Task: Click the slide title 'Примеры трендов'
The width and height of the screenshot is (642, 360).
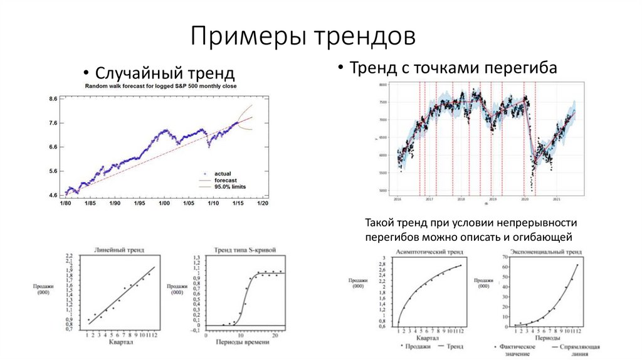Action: click(x=303, y=36)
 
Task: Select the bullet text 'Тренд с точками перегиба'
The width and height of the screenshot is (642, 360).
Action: click(x=453, y=67)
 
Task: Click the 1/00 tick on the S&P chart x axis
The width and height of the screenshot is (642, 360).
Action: click(x=164, y=204)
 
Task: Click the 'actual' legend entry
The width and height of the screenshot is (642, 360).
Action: click(x=223, y=173)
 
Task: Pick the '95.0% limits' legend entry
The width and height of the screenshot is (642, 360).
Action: click(x=230, y=186)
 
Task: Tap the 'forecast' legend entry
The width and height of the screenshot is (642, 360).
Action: click(x=226, y=180)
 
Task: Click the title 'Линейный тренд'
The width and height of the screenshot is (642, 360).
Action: click(x=119, y=250)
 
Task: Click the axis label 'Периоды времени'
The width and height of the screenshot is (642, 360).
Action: click(x=241, y=342)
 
